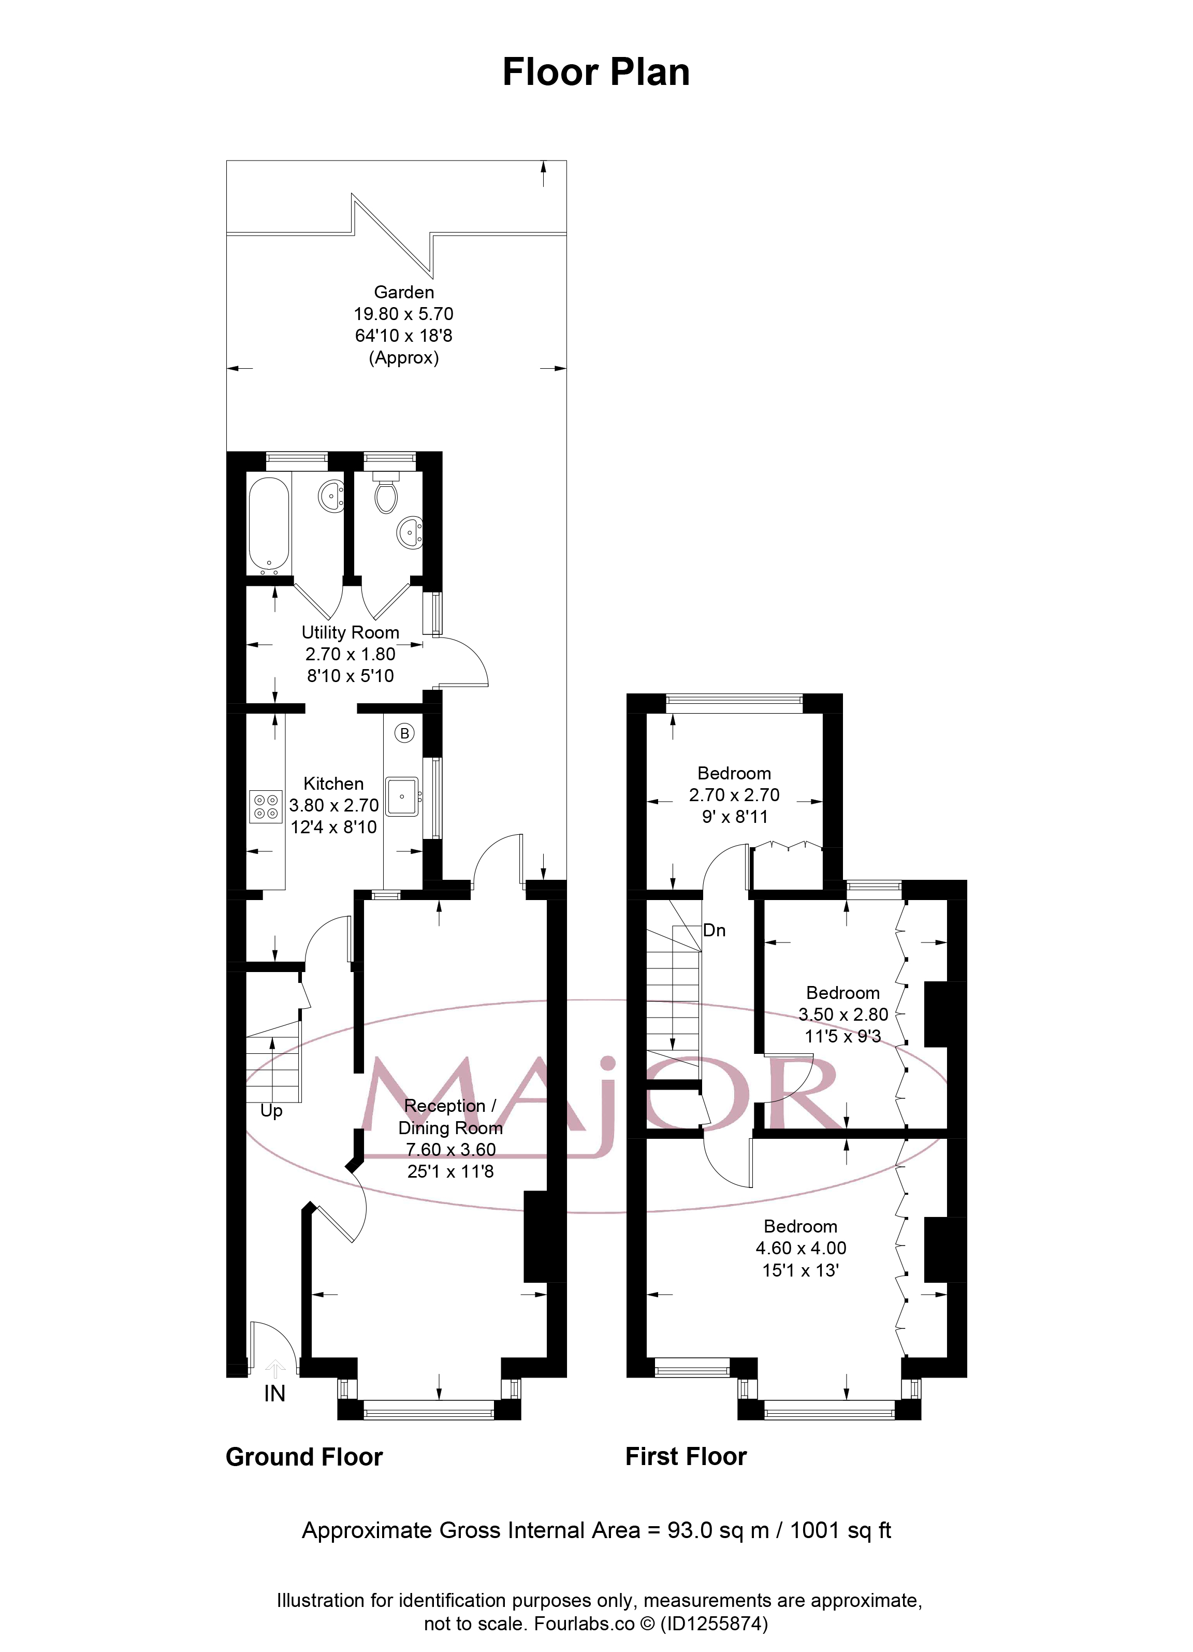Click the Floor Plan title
(x=596, y=72)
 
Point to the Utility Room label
(x=351, y=632)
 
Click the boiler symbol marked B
(x=404, y=733)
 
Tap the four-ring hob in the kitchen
(x=265, y=806)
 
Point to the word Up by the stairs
(x=271, y=1111)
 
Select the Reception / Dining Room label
(x=450, y=1117)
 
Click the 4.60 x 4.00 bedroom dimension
(x=801, y=1248)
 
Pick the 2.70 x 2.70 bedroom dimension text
(x=734, y=795)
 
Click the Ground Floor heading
(x=304, y=1457)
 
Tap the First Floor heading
(x=686, y=1456)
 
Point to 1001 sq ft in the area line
(x=840, y=1530)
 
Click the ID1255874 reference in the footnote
(x=714, y=1624)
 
